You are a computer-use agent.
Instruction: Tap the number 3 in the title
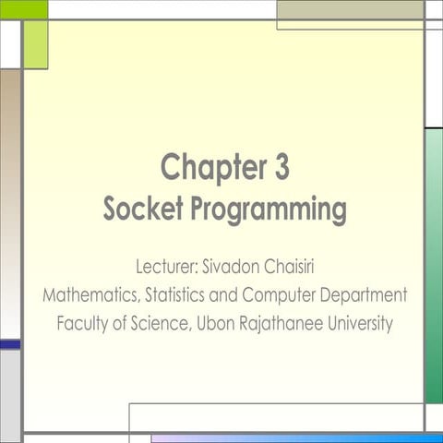(x=281, y=168)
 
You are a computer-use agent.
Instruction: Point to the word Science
(x=162, y=324)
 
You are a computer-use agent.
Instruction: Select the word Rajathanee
(x=285, y=325)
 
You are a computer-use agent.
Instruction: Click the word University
(x=362, y=325)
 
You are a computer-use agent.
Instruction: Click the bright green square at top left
(x=24, y=9)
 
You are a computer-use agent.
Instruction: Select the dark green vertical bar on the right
(x=434, y=268)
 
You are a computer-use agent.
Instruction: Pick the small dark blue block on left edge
(x=10, y=344)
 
